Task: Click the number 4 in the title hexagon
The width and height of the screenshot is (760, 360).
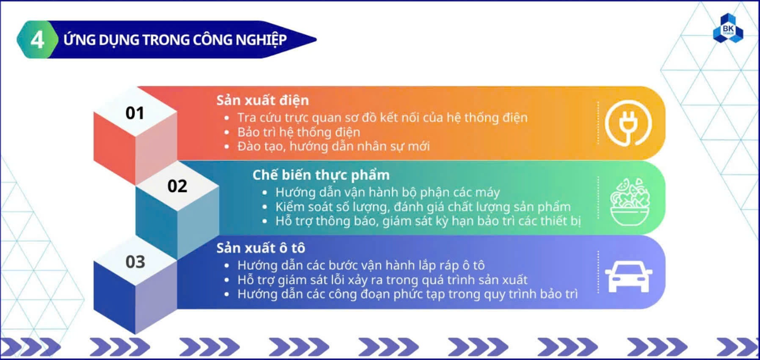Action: click(x=37, y=40)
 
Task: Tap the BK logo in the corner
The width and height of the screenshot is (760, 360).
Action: click(x=728, y=29)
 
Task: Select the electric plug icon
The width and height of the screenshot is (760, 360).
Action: click(x=628, y=123)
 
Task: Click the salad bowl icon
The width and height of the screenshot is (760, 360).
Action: click(x=630, y=202)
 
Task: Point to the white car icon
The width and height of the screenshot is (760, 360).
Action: click(x=629, y=277)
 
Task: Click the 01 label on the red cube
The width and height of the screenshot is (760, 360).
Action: click(x=135, y=113)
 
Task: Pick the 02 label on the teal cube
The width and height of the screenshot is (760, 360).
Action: click(x=177, y=186)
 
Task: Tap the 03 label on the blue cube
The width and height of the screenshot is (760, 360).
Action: click(x=135, y=262)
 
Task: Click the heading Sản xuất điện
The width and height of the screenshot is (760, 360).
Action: click(x=262, y=100)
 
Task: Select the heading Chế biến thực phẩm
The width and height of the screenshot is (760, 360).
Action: click(x=321, y=175)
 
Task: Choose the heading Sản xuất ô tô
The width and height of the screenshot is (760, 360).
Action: click(x=260, y=248)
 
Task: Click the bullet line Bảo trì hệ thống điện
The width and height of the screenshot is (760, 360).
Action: click(x=299, y=132)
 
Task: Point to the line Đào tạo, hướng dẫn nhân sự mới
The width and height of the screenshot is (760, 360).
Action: click(x=333, y=146)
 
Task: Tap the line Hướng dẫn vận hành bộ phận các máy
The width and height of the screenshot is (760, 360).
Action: click(x=387, y=192)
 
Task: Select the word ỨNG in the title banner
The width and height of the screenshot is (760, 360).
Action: click(x=79, y=39)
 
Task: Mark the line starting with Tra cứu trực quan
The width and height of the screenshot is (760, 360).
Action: click(x=382, y=118)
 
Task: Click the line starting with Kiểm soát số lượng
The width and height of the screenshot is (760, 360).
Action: click(x=423, y=207)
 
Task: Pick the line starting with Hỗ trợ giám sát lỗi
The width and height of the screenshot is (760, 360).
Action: click(x=382, y=280)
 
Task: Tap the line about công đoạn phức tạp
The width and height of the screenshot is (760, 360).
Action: click(x=407, y=294)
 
